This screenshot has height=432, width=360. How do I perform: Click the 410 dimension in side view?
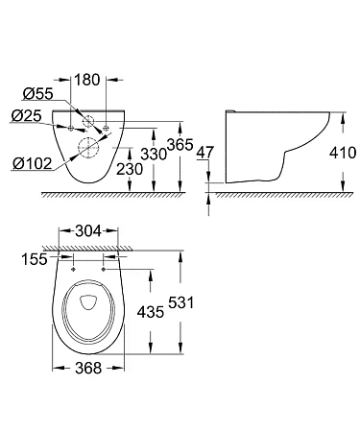pyautogui.click(x=341, y=153)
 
